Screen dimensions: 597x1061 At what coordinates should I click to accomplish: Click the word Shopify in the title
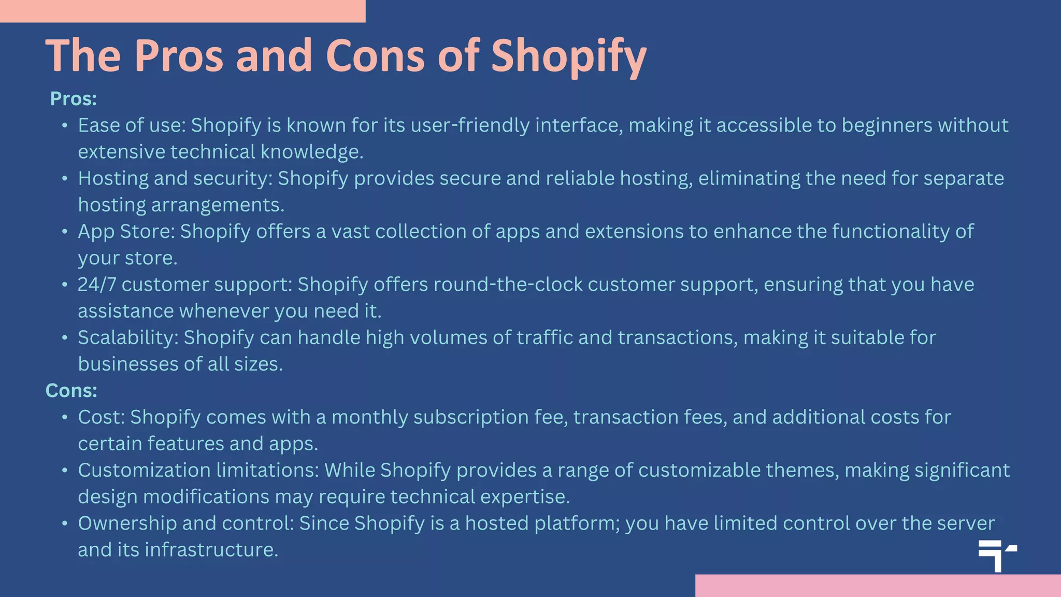pyautogui.click(x=568, y=56)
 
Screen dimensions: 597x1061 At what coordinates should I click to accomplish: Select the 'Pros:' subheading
pyautogui.click(x=74, y=98)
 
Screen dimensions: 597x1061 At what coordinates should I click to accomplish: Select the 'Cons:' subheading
pyautogui.click(x=71, y=390)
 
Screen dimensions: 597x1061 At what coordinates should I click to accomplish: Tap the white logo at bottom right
pyautogui.click(x=997, y=556)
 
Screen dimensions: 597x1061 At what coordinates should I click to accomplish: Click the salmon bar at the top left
pyautogui.click(x=182, y=11)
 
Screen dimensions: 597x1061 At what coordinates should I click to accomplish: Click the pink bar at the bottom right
pyautogui.click(x=878, y=586)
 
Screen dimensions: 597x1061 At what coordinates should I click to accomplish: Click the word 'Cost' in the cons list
pyautogui.click(x=101, y=417)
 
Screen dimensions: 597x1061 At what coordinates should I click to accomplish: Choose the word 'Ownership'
pyautogui.click(x=127, y=523)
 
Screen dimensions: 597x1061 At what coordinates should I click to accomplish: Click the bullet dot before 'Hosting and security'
pyautogui.click(x=65, y=179)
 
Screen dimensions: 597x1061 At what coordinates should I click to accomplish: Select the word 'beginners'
pyautogui.click(x=887, y=125)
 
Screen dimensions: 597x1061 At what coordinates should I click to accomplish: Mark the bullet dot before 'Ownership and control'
pyautogui.click(x=65, y=523)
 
